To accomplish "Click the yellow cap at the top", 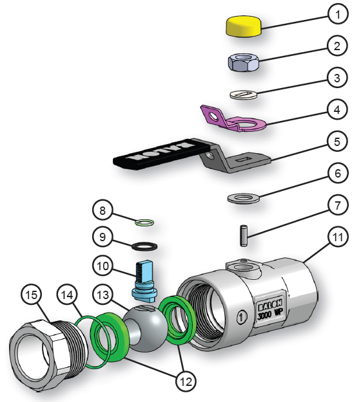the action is pyautogui.click(x=244, y=26).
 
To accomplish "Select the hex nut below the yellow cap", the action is pyautogui.click(x=243, y=62).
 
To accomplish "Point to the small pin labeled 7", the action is pyautogui.click(x=243, y=235).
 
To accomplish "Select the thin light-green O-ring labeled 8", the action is pyautogui.click(x=144, y=222).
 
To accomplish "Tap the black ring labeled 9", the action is pyautogui.click(x=144, y=246).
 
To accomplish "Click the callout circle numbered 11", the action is pyautogui.click(x=338, y=237).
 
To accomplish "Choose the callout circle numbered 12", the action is pyautogui.click(x=186, y=382).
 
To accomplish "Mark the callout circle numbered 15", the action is pyautogui.click(x=32, y=295).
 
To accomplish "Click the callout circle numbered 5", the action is pyautogui.click(x=337, y=142).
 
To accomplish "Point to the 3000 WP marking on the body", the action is pyautogui.click(x=270, y=313).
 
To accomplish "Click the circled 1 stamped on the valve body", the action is pyautogui.click(x=242, y=317).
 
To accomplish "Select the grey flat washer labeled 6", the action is pyautogui.click(x=243, y=199).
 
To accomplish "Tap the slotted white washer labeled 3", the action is pyautogui.click(x=244, y=95).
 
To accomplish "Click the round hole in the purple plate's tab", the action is pyautogui.click(x=213, y=116).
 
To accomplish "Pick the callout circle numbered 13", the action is pyautogui.click(x=103, y=295).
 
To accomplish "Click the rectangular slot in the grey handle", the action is pyautogui.click(x=244, y=160).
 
